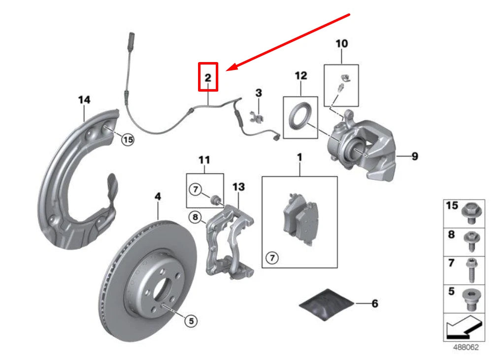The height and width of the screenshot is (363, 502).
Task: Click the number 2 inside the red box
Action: tap(208, 77)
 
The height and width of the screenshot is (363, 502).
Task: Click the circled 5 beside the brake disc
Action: tap(192, 321)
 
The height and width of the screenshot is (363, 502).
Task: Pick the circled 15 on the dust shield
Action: tap(128, 140)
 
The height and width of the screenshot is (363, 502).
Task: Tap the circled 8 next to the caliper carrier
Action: tap(196, 217)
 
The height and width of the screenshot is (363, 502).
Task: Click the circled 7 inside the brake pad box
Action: tap(271, 257)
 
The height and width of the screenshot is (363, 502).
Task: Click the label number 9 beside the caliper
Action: tap(415, 156)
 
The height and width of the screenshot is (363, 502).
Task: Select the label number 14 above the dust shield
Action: tap(84, 100)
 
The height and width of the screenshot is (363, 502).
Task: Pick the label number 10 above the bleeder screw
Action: tap(341, 44)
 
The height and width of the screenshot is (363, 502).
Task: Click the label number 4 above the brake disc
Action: tap(158, 197)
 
